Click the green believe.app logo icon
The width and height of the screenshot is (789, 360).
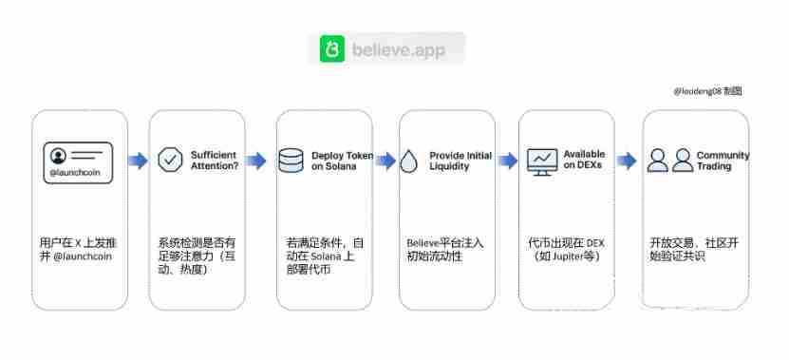tap(331, 48)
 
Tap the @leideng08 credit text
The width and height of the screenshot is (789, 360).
tap(706, 92)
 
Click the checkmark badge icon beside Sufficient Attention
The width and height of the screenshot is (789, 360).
tap(171, 160)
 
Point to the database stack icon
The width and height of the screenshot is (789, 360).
tap(291, 160)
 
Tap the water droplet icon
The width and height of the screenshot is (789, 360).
tap(409, 160)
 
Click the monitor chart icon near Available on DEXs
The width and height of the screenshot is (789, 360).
tap(542, 160)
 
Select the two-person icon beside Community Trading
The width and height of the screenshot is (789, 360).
tap(669, 160)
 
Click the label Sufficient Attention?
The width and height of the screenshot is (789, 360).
tap(215, 160)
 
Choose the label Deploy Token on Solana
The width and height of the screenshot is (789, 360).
tap(342, 161)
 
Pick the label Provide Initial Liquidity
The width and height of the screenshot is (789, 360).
tap(461, 161)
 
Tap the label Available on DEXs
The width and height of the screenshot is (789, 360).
tap(584, 160)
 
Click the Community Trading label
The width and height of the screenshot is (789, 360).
tap(722, 161)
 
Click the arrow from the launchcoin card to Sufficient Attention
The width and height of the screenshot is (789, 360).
tap(139, 161)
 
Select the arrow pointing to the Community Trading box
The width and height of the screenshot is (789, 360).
tap(627, 161)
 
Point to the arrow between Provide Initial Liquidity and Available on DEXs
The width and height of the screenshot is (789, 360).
tap(508, 161)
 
